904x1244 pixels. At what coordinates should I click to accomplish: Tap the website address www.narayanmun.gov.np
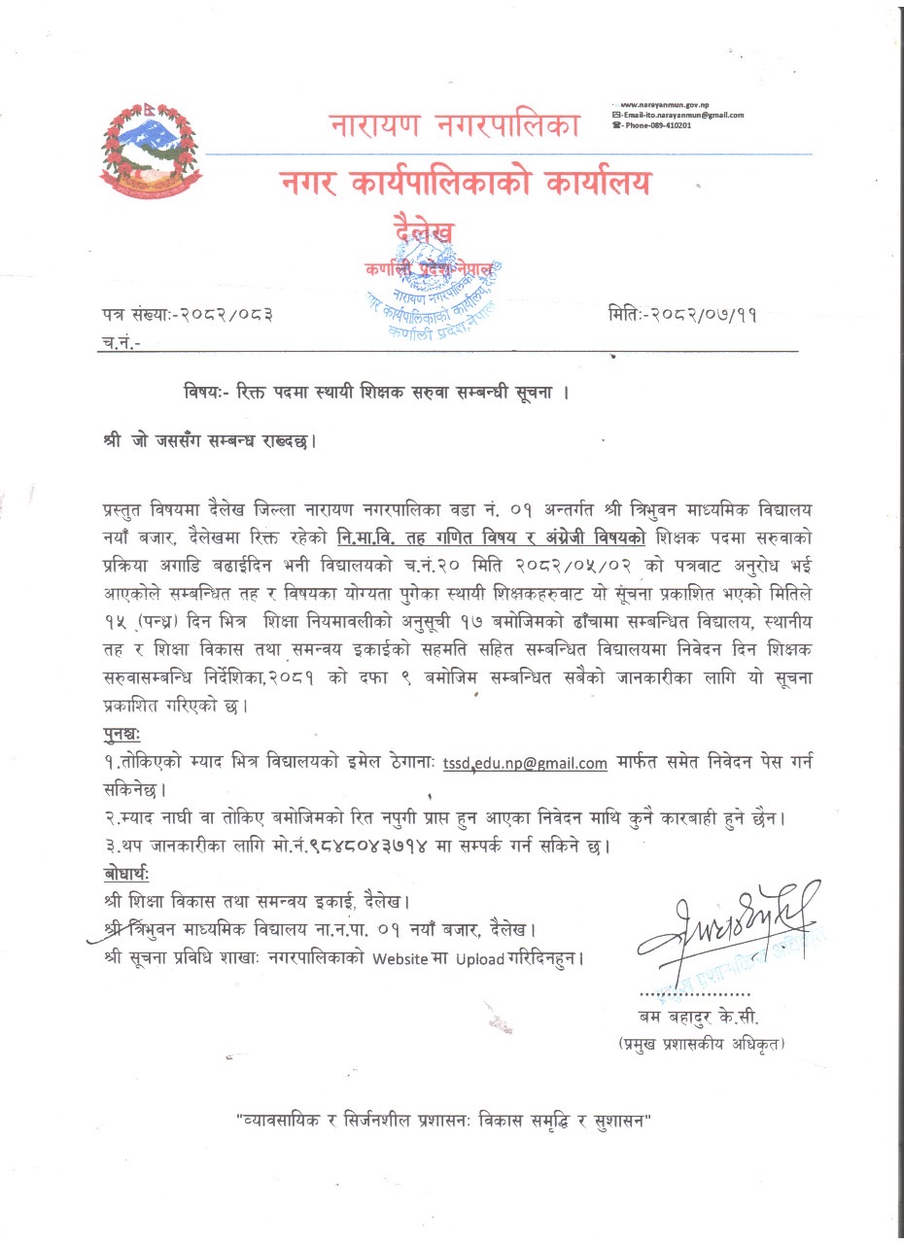[672, 103]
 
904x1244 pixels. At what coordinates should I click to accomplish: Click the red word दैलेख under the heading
[423, 231]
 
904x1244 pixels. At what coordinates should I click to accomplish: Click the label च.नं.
[121, 342]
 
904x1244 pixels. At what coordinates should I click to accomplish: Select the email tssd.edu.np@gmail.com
[525, 763]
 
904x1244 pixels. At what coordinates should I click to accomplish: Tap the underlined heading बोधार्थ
[124, 869]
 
